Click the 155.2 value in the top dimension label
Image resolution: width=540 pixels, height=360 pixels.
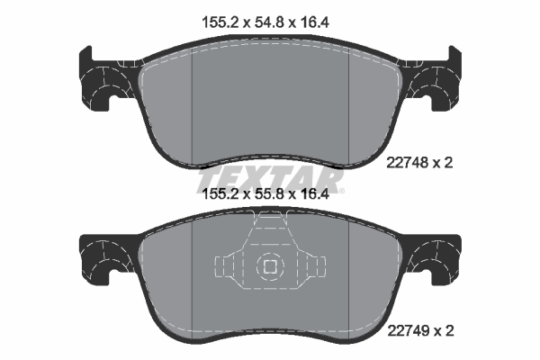(x=220, y=22)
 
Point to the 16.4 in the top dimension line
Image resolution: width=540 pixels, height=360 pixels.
(x=313, y=22)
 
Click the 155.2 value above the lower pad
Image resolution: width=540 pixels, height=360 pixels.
(x=220, y=194)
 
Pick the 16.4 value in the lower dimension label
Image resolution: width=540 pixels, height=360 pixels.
(x=313, y=194)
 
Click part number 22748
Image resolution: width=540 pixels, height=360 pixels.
(x=408, y=162)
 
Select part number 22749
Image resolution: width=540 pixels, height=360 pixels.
(x=409, y=331)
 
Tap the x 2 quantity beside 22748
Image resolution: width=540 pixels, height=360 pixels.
(x=443, y=162)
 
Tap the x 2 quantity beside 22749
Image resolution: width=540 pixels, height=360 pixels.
(x=444, y=331)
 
